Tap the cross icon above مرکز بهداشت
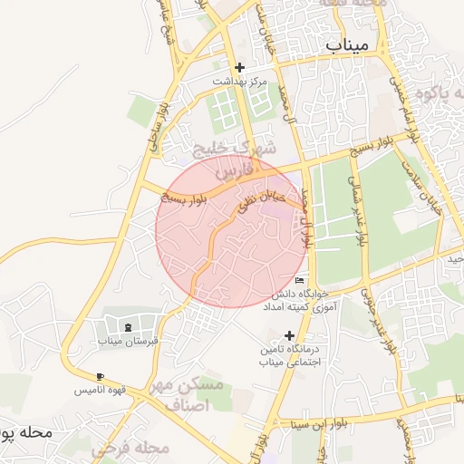239,67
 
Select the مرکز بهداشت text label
239,82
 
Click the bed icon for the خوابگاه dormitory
300,281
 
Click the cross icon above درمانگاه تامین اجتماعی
290,335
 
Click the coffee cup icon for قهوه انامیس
100,376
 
